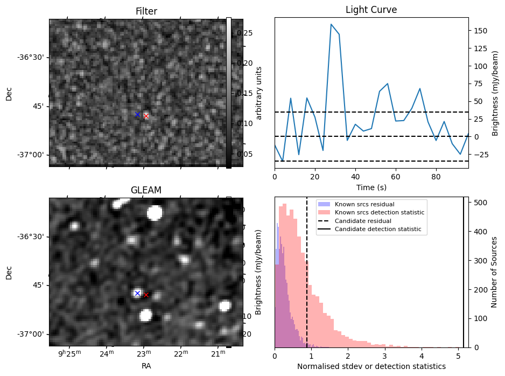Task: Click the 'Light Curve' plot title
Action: click(x=371, y=10)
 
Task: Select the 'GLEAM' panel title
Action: click(x=146, y=190)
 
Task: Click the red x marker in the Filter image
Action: click(x=146, y=116)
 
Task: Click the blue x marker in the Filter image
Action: click(x=137, y=114)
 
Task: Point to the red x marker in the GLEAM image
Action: click(x=146, y=295)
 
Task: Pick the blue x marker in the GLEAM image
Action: click(x=137, y=293)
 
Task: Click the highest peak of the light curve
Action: click(x=331, y=24)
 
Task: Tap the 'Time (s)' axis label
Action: click(x=371, y=187)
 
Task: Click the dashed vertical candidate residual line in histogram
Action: click(x=307, y=269)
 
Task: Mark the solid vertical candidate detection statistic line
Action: click(x=464, y=269)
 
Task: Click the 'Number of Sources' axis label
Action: click(x=495, y=272)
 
